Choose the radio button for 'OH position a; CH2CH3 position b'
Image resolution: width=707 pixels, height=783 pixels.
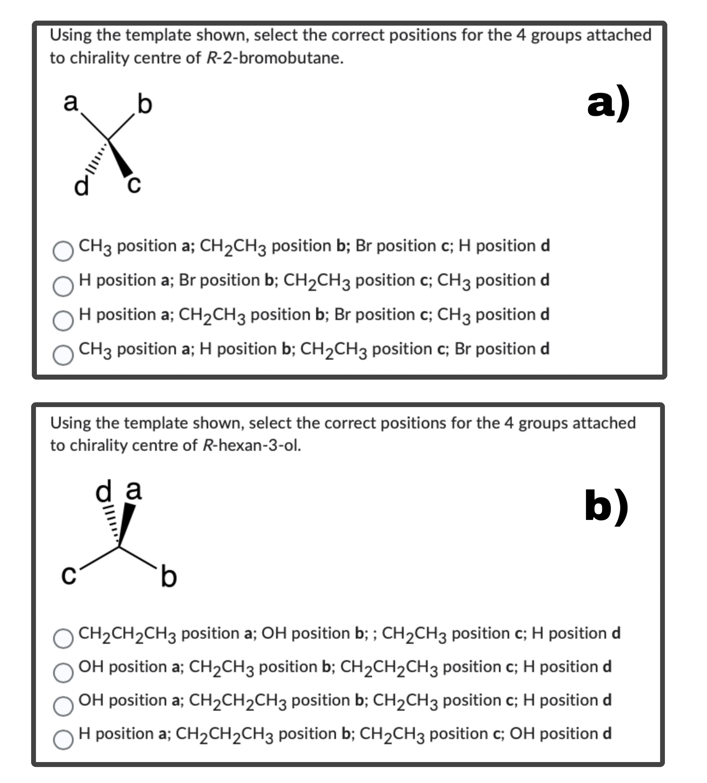(x=63, y=673)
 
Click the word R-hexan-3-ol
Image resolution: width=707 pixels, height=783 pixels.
(x=252, y=445)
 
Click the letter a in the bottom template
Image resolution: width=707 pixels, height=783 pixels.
(x=134, y=490)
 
